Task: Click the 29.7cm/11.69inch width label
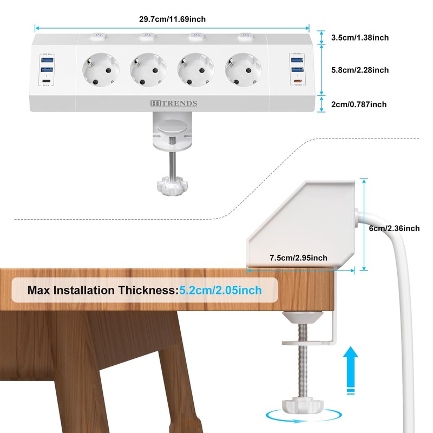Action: point(172,19)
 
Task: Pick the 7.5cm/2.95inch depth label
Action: point(298,258)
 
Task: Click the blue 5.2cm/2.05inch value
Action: point(220,290)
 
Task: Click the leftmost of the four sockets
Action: point(101,69)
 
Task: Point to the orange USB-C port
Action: point(297,82)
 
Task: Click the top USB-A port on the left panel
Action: point(47,60)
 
